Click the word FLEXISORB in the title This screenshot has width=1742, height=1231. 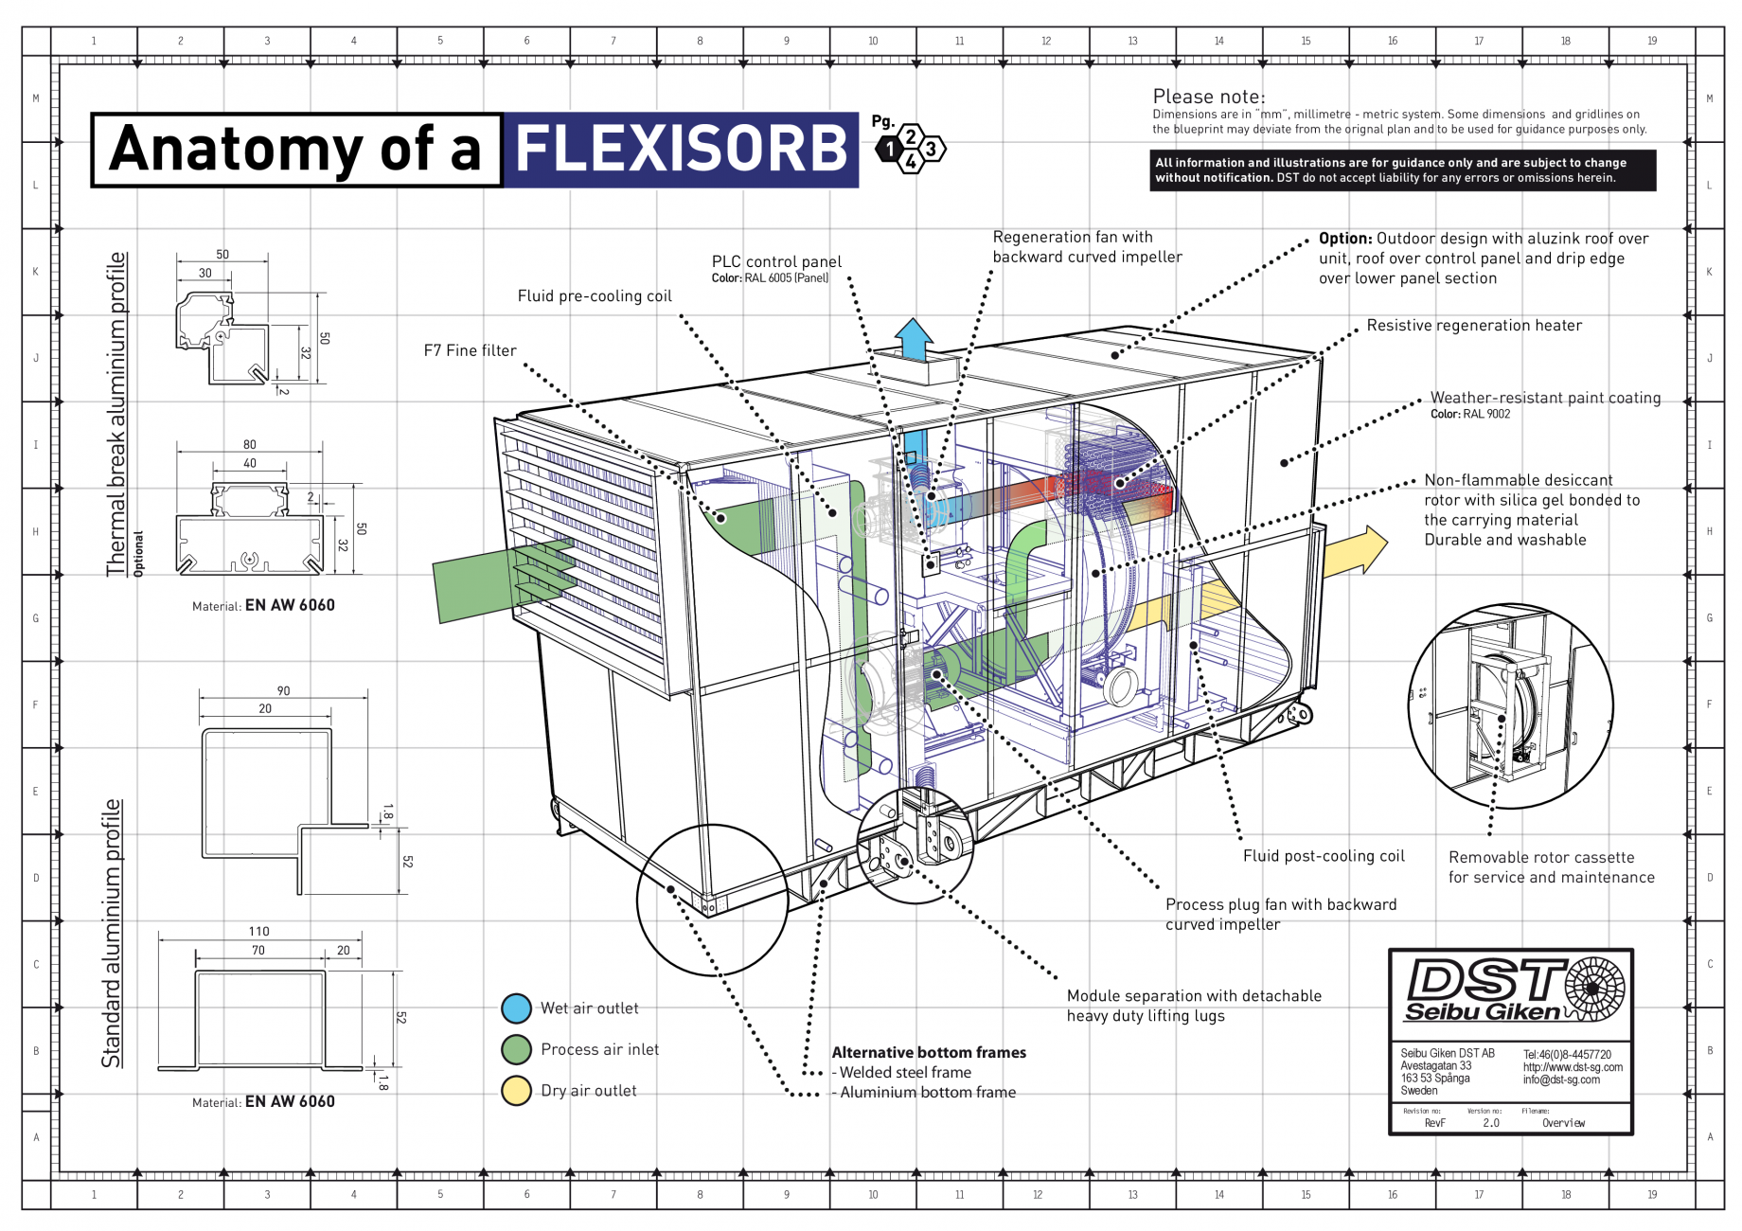point(681,150)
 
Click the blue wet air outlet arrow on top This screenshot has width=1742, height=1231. point(914,338)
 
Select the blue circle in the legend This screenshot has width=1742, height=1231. point(516,1008)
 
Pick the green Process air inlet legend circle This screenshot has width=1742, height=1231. point(516,1049)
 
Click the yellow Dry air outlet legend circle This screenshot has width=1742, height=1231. point(516,1091)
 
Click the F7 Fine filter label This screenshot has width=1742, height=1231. point(470,350)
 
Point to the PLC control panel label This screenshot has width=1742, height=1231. point(776,262)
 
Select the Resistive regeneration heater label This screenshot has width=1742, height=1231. point(1473,326)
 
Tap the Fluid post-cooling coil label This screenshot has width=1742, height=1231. point(1323,856)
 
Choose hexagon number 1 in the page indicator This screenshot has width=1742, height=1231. point(890,149)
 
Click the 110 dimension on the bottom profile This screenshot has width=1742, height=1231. point(258,932)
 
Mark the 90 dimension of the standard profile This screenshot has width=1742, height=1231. point(283,691)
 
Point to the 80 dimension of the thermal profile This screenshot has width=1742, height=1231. point(249,444)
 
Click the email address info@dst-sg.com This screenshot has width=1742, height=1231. point(1560,1079)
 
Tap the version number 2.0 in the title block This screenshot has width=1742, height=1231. point(1491,1123)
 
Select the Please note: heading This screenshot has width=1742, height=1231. point(1208,97)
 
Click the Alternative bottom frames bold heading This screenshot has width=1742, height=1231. point(928,1053)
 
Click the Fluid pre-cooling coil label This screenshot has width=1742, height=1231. point(595,296)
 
